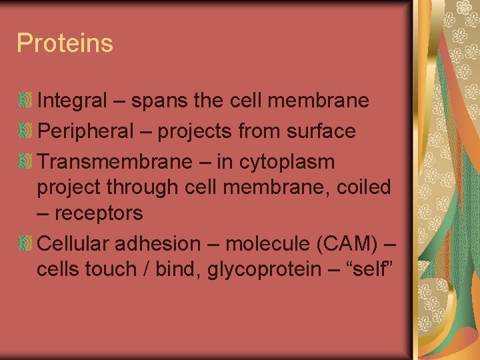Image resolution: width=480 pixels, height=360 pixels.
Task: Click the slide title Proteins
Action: [x=65, y=43]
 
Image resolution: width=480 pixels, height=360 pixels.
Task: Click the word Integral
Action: [x=72, y=101]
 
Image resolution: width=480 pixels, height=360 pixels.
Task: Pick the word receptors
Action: [x=98, y=213]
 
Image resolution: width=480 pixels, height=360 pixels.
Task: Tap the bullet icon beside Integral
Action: [x=25, y=101]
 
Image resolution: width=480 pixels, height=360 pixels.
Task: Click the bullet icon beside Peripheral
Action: [x=25, y=131]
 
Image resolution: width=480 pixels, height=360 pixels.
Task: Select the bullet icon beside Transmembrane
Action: [x=25, y=162]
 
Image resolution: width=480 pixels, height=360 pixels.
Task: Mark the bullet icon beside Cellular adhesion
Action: [x=25, y=244]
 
